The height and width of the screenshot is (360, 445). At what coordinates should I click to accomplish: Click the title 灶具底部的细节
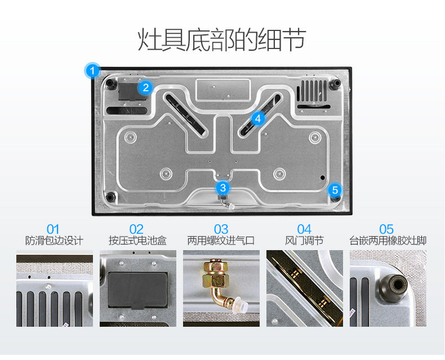(222, 40)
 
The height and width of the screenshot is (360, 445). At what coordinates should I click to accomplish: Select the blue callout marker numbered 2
(145, 87)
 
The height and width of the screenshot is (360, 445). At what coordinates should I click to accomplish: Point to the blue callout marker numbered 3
(223, 188)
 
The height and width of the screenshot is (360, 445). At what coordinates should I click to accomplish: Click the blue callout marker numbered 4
(257, 118)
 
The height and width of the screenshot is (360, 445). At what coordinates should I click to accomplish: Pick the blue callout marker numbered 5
(335, 189)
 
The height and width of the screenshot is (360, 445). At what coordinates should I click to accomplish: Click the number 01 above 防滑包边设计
(53, 229)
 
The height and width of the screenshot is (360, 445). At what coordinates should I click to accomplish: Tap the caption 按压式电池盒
(137, 241)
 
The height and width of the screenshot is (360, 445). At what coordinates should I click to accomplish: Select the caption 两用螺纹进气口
(221, 241)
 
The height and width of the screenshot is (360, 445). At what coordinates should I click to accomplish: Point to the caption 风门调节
(304, 241)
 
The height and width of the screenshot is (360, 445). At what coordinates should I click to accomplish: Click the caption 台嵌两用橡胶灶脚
(388, 241)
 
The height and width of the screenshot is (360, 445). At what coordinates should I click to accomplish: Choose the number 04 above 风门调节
(304, 229)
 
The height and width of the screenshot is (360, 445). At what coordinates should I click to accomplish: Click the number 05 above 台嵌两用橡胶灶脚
(386, 229)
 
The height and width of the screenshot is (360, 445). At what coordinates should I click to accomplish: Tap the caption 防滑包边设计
(54, 241)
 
